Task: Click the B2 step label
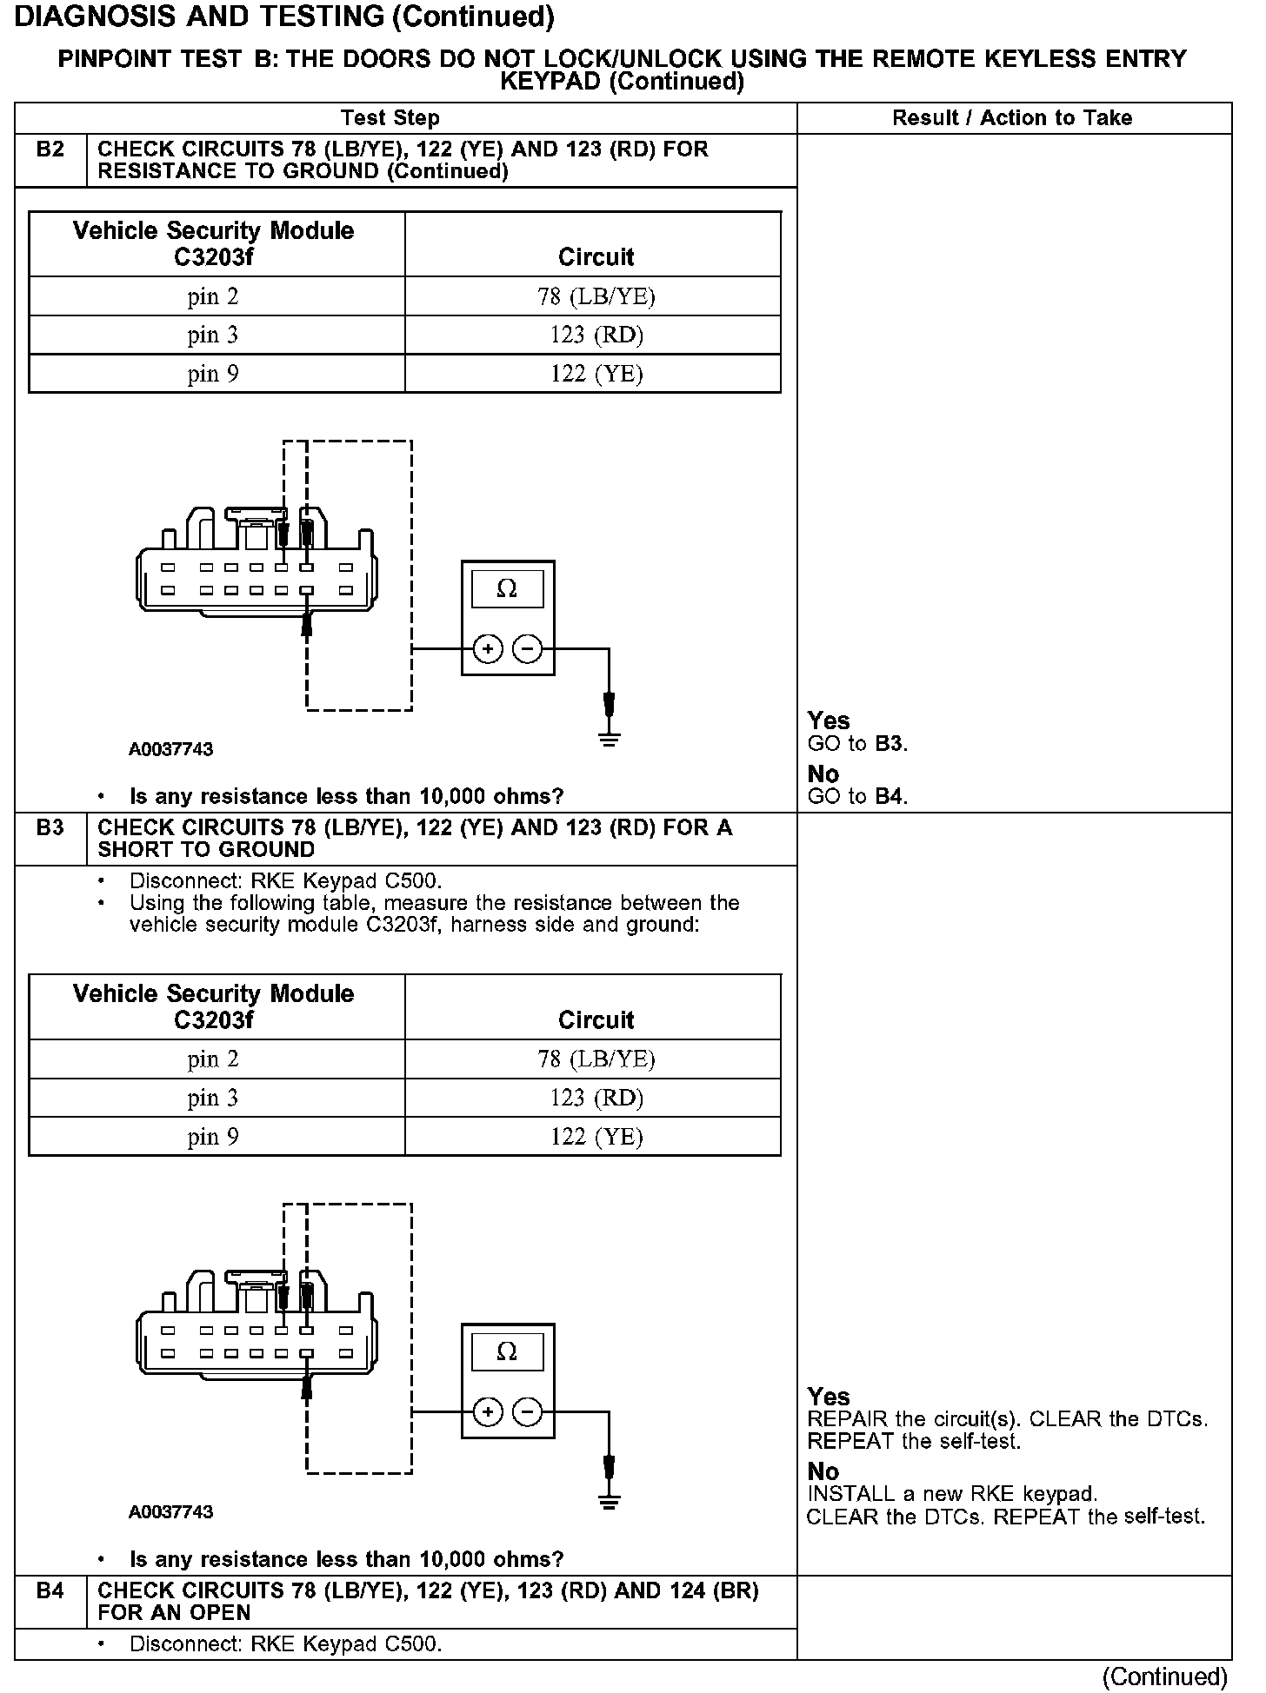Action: tap(50, 149)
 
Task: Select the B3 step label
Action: tap(50, 827)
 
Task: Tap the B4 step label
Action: tap(50, 1590)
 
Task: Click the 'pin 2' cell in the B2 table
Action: tap(213, 296)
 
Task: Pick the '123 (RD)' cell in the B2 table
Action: tap(596, 335)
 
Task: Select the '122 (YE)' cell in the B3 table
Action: tap(596, 1136)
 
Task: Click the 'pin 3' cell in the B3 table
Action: tap(213, 1098)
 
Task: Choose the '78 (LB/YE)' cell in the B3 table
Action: tap(596, 1059)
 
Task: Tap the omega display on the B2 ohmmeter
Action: tap(507, 589)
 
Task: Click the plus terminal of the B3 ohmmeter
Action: tap(488, 1411)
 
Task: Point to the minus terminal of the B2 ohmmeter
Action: tap(527, 648)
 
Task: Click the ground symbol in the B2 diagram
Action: tap(610, 740)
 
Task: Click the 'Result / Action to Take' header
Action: tap(1012, 118)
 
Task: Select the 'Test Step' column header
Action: tap(390, 118)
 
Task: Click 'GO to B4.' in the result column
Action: tap(857, 796)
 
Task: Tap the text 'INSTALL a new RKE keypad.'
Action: tap(952, 1494)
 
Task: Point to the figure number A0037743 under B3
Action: tap(171, 1511)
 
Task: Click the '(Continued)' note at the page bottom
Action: tap(1164, 1676)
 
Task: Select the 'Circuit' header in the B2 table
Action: tap(596, 257)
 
